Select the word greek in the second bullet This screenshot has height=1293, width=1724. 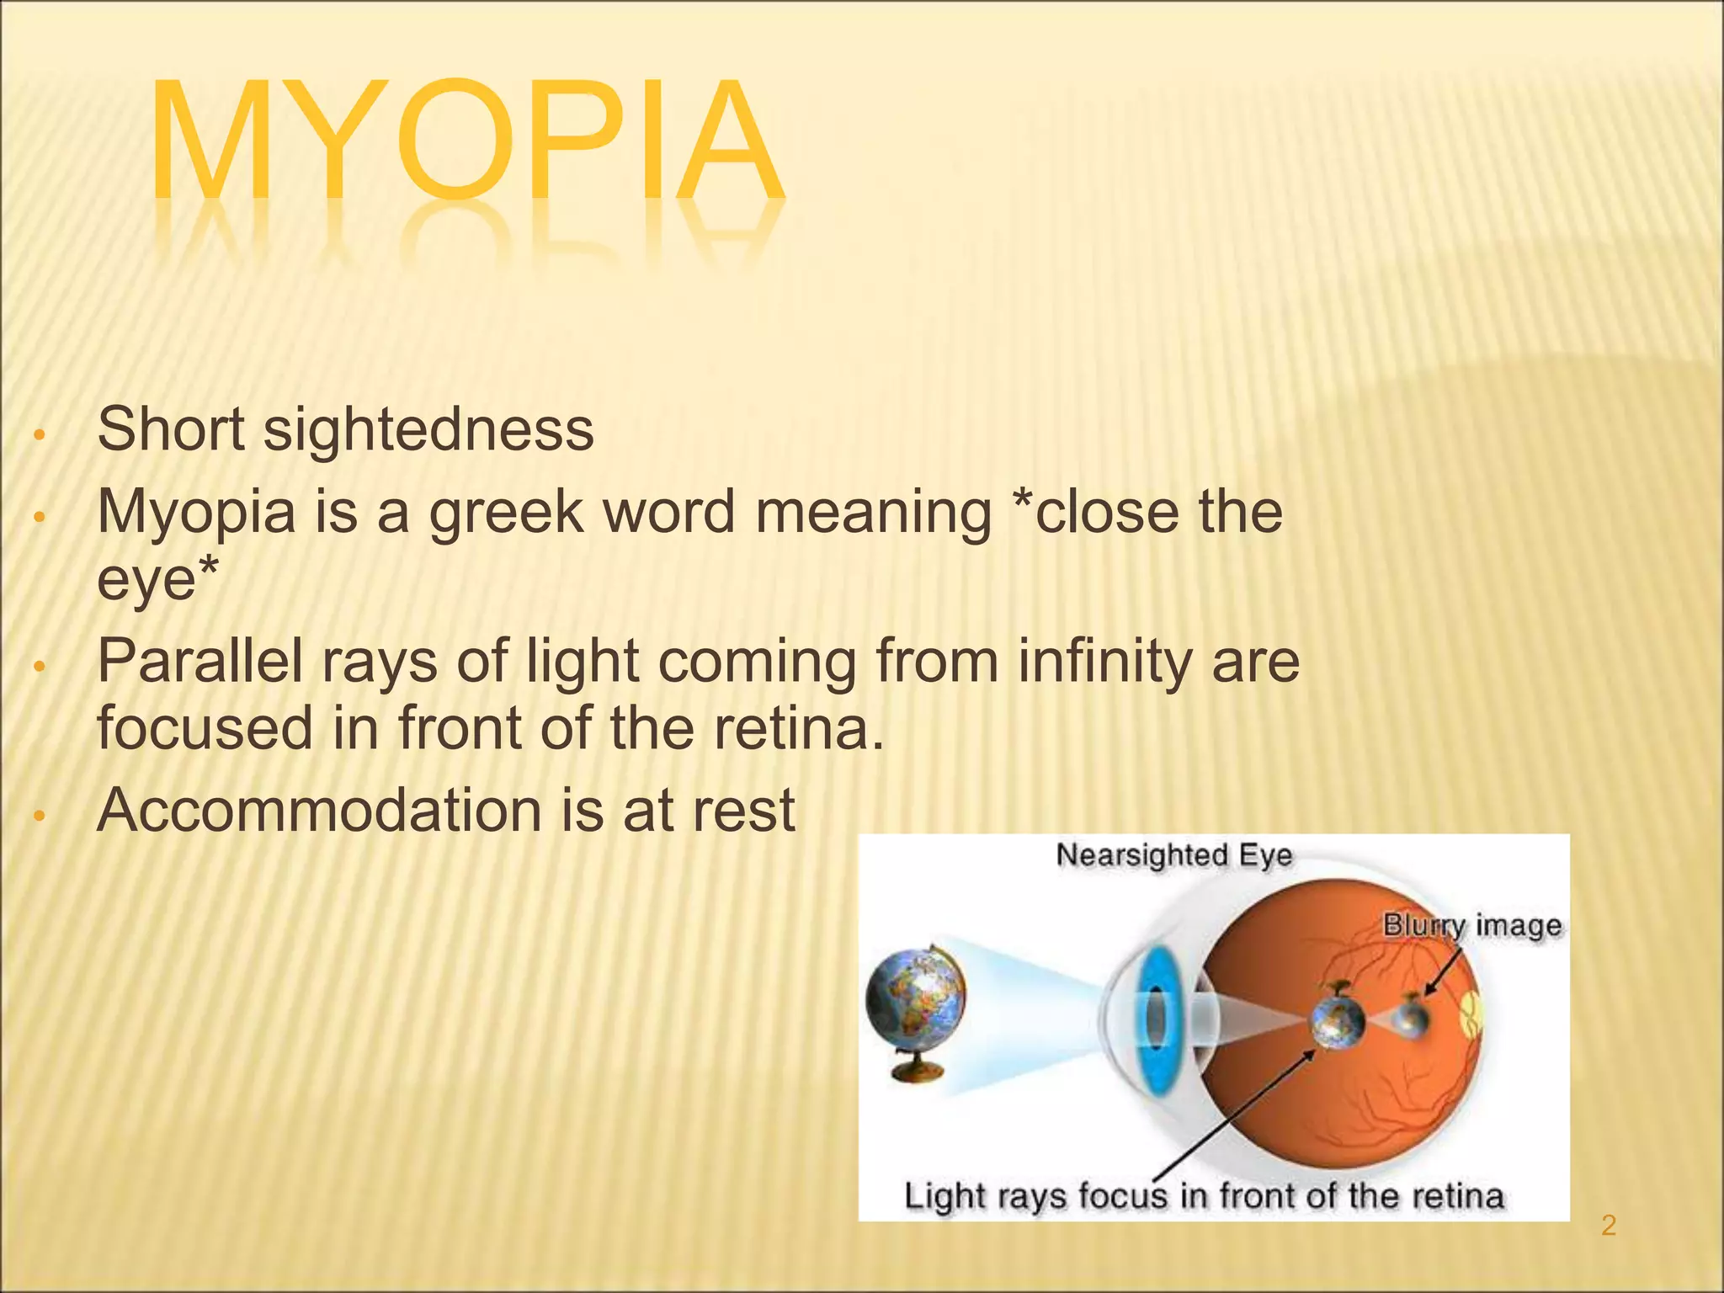pyautogui.click(x=506, y=513)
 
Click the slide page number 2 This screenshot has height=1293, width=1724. pyautogui.click(x=1608, y=1226)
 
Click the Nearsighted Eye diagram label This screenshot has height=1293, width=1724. pyautogui.click(x=1173, y=855)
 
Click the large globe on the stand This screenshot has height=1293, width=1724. pyautogui.click(x=916, y=1002)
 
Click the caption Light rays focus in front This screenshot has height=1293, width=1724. pyautogui.click(x=1204, y=1196)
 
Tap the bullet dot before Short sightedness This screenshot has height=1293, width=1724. pyautogui.click(x=37, y=436)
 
